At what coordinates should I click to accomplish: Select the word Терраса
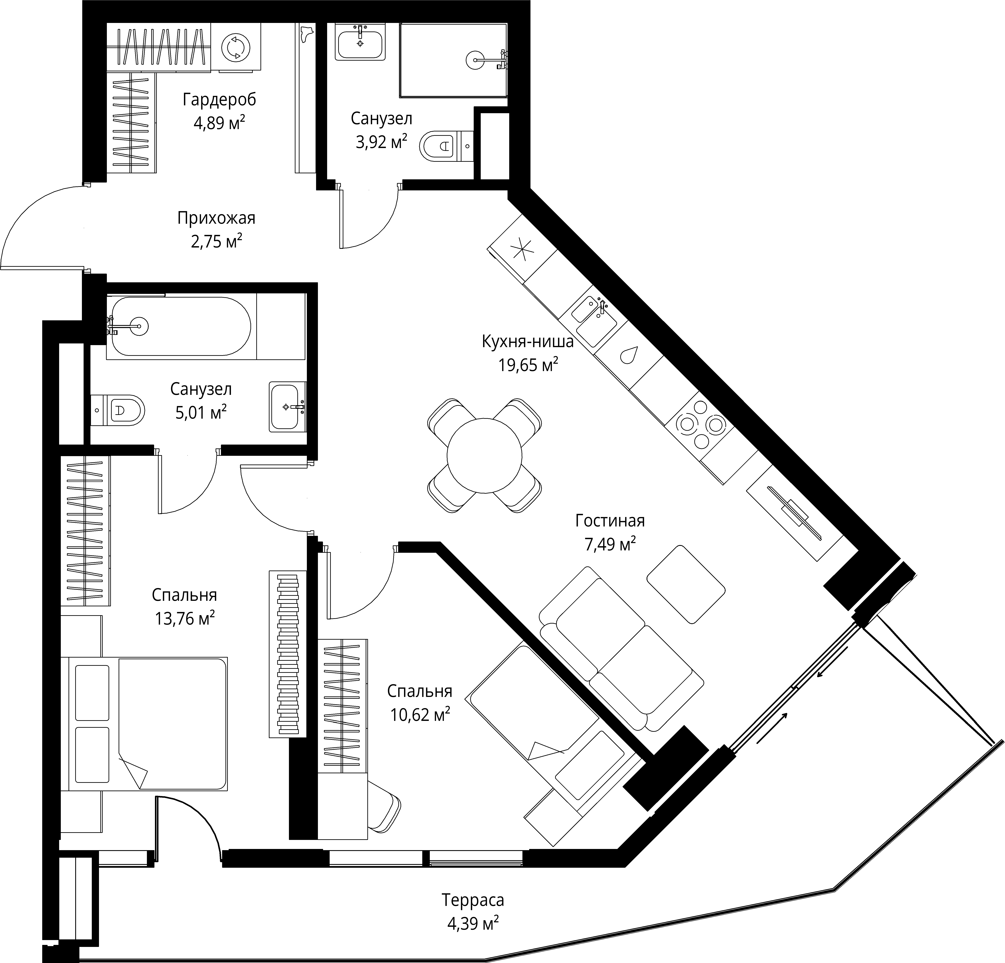(473, 899)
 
